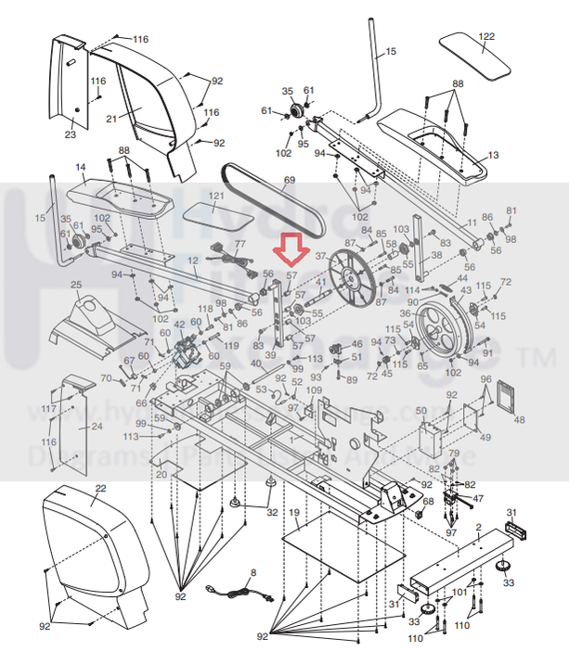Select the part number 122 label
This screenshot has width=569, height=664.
486,36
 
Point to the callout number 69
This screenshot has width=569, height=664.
289,180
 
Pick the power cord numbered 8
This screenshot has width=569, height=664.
239,591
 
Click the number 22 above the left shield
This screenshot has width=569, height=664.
101,489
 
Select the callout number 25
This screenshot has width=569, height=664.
76,284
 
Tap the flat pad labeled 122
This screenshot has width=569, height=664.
473,55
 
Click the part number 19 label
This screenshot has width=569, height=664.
294,513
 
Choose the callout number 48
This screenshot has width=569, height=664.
519,419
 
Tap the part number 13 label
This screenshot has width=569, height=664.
492,155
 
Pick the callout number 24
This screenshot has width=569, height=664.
96,428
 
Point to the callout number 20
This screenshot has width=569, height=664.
161,474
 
